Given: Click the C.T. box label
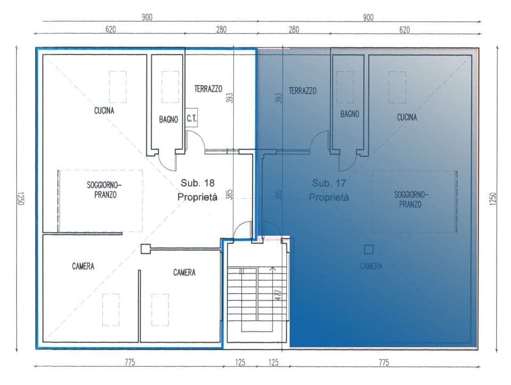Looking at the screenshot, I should (x=192, y=120).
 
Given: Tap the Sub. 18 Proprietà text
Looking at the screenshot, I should (x=197, y=190).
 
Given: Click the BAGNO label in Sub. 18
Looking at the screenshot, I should (x=168, y=120).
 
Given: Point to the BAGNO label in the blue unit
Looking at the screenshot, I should (x=350, y=114).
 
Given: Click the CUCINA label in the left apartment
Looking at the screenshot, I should (x=104, y=111).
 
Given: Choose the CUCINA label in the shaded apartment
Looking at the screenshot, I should (x=407, y=117).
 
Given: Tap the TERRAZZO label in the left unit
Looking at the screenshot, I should (x=208, y=89).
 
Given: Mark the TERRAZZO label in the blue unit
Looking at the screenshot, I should (x=302, y=91).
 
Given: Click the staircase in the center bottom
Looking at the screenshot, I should (x=250, y=298).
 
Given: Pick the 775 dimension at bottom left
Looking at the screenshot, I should (x=130, y=363).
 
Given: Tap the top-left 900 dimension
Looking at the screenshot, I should (x=147, y=18).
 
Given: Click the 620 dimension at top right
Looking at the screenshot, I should (x=405, y=30).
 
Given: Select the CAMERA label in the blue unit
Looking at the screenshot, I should (x=370, y=266).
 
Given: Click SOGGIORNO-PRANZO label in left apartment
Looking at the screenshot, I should (x=104, y=190).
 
